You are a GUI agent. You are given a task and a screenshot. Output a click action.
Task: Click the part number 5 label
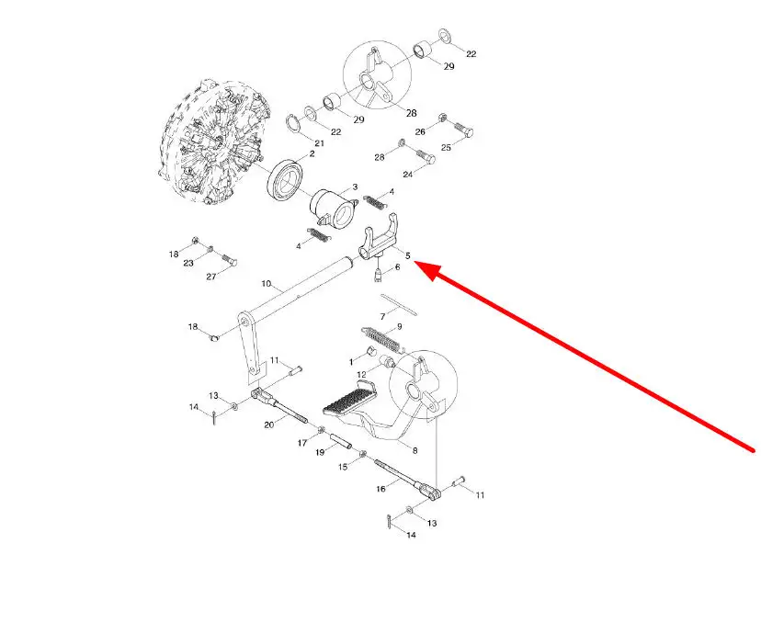tap(407, 255)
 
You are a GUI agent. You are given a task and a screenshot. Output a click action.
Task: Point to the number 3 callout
tap(355, 187)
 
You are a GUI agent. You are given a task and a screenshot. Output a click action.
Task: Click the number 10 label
tap(267, 283)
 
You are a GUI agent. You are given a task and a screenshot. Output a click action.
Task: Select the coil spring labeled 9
tap(379, 339)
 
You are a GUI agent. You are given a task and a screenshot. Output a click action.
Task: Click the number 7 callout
tap(382, 317)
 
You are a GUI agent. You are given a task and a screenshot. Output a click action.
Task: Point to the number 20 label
tap(269, 425)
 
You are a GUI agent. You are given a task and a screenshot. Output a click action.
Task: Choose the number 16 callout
tap(381, 490)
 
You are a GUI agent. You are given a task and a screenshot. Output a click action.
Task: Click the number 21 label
tap(319, 143)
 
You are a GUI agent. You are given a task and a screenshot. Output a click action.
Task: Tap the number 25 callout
tap(446, 148)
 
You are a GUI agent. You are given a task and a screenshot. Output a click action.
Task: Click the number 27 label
tap(210, 277)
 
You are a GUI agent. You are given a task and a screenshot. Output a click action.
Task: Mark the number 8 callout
tap(414, 450)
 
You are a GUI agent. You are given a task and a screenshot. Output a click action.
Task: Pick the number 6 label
tap(396, 267)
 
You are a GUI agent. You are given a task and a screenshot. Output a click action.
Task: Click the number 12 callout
tap(361, 374)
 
